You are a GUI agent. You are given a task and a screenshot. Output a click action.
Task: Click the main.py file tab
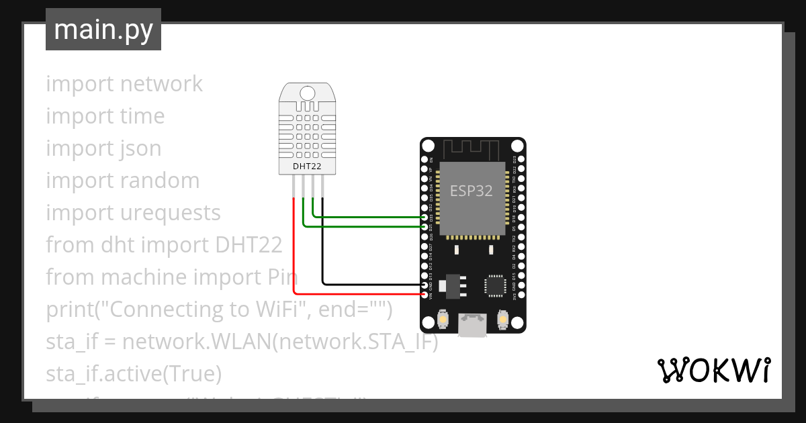point(103,30)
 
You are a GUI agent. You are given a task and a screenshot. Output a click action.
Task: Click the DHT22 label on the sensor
point(306,166)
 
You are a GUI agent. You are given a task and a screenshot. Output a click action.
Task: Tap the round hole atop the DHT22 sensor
point(307,93)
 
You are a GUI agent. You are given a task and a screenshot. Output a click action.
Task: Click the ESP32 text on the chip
point(471,191)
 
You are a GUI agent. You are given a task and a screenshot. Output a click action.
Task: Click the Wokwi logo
point(713,370)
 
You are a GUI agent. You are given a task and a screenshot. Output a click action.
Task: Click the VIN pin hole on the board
point(424,295)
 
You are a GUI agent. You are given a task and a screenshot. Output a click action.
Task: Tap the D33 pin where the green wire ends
point(424,218)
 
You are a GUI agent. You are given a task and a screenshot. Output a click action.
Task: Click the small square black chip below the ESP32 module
point(496,285)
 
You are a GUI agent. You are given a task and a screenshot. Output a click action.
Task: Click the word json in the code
point(140,148)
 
